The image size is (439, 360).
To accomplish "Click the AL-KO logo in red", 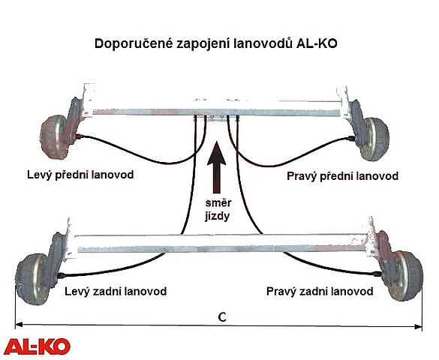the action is (38, 346).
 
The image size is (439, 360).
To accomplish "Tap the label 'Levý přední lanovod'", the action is (80, 175).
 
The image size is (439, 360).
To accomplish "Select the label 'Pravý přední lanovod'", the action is (342, 176).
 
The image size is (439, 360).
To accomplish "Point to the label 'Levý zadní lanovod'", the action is (116, 292).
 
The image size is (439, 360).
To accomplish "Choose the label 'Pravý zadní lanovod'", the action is (320, 292).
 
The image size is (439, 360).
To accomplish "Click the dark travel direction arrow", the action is (216, 167).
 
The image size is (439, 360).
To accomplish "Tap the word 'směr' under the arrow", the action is (218, 203).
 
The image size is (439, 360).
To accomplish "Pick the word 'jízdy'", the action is (218, 217).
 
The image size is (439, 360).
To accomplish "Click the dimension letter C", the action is (221, 317).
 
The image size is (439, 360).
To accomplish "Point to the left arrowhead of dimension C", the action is (19, 325).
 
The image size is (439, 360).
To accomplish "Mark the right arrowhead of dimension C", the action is (418, 326).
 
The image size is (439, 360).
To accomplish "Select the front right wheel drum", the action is (374, 139).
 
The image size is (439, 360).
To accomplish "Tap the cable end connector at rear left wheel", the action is (62, 275).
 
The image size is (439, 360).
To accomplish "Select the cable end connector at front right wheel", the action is (350, 138).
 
